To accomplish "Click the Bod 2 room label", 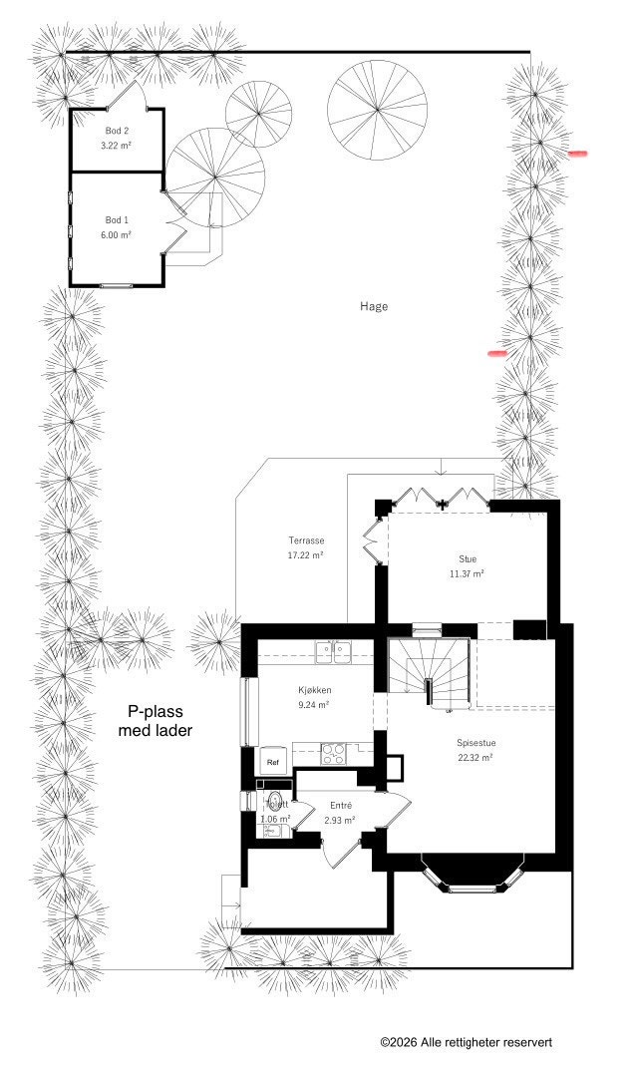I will point(117,131).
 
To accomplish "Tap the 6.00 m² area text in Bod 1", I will point(117,234).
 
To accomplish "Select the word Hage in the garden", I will point(374,306).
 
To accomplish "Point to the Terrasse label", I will point(307,540).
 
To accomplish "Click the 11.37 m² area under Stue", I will point(467,573).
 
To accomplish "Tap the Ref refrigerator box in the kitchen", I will point(272,762).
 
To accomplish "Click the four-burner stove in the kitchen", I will point(332,753).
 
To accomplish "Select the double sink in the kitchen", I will point(334,652).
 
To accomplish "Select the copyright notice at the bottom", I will point(466,1042).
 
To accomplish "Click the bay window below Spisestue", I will point(475,876).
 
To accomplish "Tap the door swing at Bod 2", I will point(128,97).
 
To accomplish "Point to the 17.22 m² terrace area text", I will point(306,555).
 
